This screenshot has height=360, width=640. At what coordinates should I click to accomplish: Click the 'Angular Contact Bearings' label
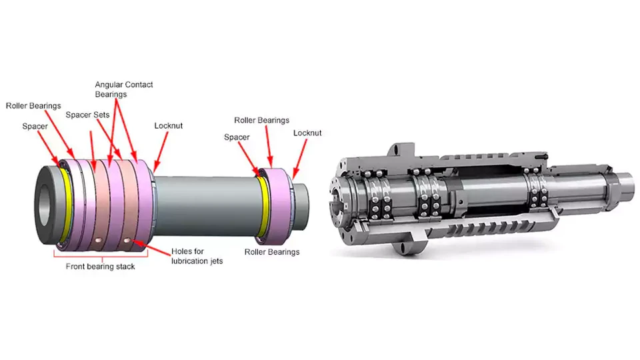124,89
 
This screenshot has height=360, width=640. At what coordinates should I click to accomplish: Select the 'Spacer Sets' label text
87,115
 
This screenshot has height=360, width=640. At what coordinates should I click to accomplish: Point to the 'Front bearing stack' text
100,267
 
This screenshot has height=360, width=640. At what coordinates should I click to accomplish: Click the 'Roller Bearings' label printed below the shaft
271,252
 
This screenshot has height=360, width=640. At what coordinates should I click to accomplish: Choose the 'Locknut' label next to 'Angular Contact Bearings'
168,125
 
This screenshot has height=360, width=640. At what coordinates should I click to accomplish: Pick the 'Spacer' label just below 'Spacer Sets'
35,126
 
